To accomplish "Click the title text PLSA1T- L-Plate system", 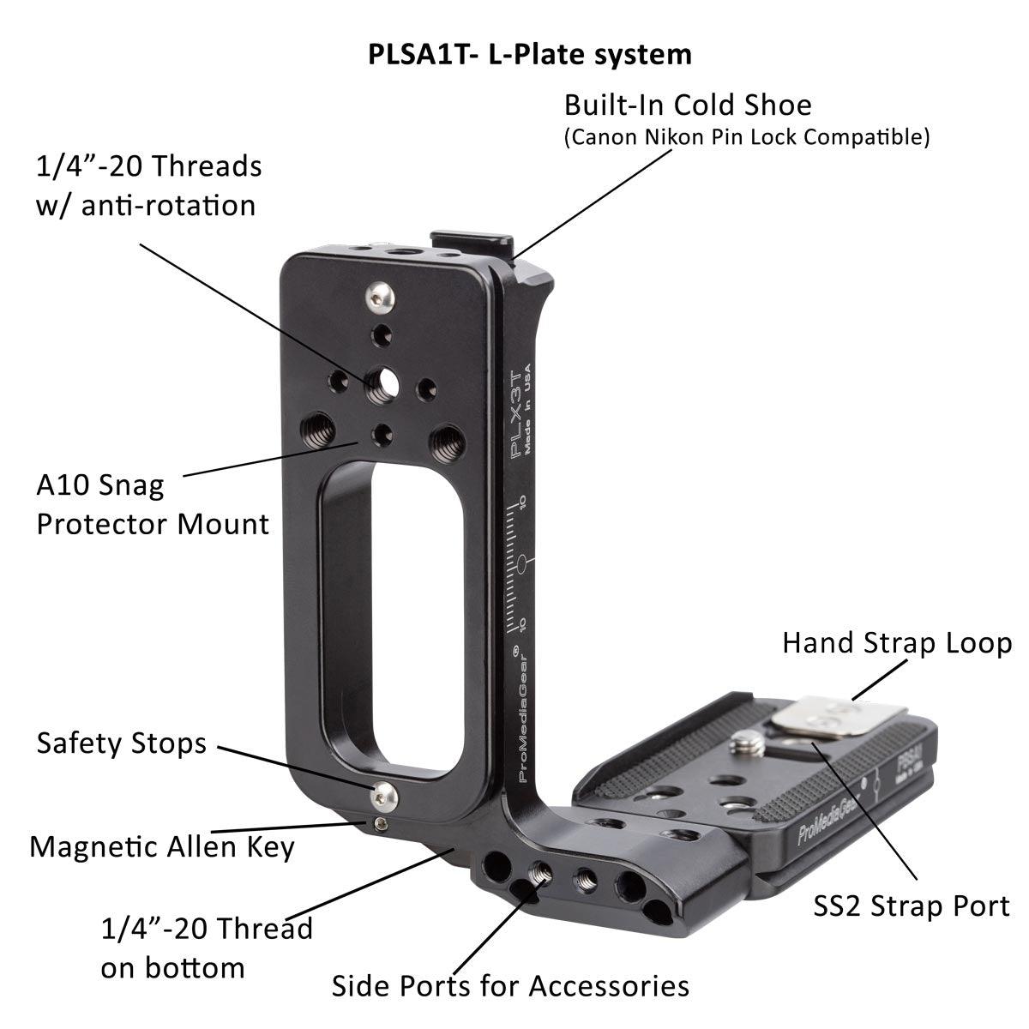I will coord(529,54).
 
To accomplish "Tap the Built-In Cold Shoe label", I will coord(687,105).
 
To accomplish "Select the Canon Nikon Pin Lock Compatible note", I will coord(746,137).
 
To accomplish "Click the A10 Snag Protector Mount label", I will coord(152,505).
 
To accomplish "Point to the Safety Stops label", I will coord(121,743).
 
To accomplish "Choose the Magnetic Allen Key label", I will coord(162,847).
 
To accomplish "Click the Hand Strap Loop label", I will coord(896,643).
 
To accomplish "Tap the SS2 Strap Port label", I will coord(911,906).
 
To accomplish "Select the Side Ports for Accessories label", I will coord(510,986).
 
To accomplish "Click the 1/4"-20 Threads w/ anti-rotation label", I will coord(148,185).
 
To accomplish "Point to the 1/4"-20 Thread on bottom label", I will coord(206,948).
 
